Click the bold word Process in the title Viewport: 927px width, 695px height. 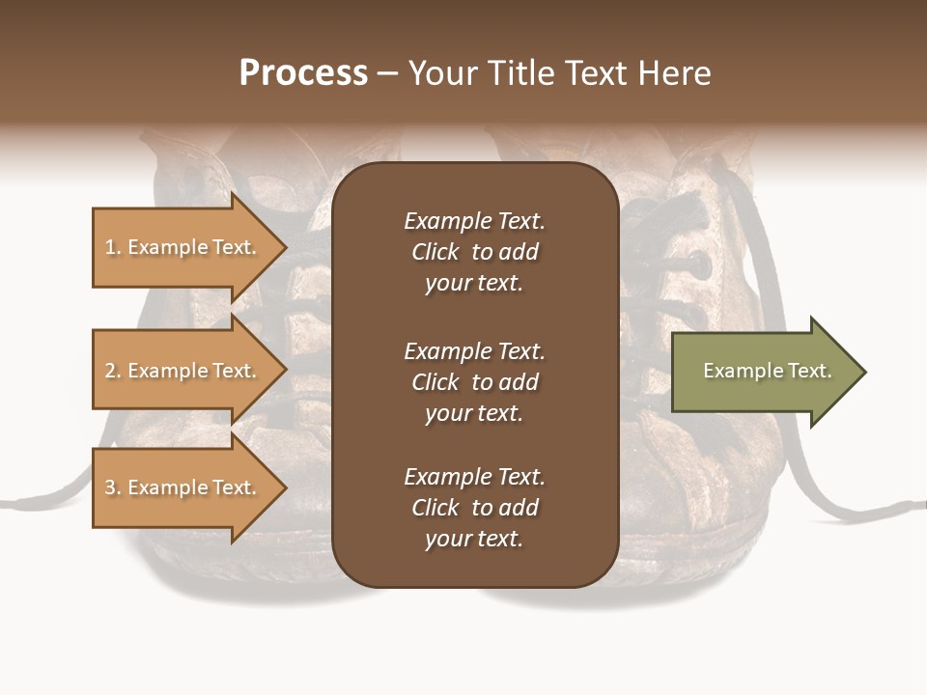point(303,73)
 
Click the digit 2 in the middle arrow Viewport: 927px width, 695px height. point(110,371)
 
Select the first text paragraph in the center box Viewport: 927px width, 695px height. point(474,252)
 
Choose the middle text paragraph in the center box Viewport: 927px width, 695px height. point(474,382)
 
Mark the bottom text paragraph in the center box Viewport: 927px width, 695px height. point(474,508)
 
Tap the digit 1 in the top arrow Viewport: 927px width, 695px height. point(110,247)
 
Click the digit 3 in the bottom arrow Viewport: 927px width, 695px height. point(110,487)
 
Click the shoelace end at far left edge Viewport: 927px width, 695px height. point(8,504)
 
